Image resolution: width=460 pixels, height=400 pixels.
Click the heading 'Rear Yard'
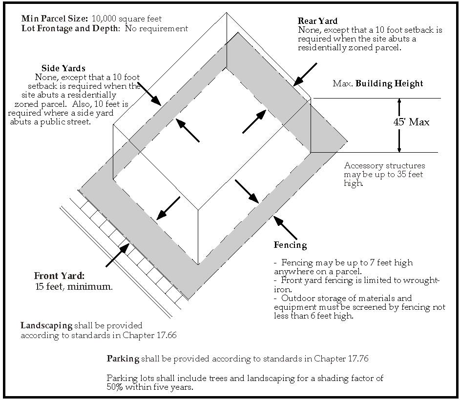pos(317,21)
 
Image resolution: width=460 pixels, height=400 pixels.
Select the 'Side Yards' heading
pos(63,68)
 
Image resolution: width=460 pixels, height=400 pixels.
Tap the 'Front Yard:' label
pos(59,276)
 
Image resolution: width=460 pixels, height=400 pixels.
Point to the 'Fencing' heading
pos(290,245)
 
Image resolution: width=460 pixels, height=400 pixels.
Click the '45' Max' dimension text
pos(411,122)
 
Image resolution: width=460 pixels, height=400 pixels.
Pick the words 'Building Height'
pos(389,83)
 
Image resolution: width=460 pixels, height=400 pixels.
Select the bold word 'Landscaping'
pos(46,325)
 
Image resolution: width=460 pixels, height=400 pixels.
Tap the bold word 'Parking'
pos(123,359)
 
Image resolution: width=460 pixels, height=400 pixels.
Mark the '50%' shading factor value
pos(116,387)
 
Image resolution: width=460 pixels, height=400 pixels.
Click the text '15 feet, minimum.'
pos(74,286)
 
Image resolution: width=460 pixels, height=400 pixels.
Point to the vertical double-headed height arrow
pos(399,125)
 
